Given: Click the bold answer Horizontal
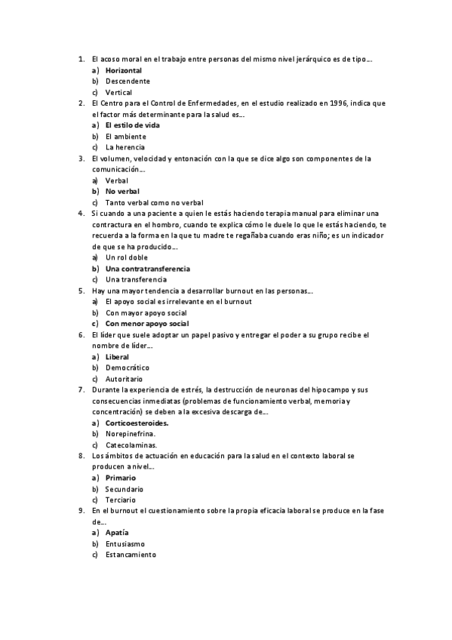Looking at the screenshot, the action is pos(124,70).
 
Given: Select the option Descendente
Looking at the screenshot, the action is pos(128,81).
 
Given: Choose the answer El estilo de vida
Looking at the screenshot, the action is pos(132,125).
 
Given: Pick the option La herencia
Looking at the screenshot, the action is pos(125,147).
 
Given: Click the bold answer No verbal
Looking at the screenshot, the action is pos(123,192).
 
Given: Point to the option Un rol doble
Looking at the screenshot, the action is pos(127,257).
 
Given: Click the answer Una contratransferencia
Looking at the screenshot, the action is pos(148,269).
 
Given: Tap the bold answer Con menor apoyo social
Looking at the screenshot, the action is pos(147,324).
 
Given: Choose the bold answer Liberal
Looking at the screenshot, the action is pos(118,357).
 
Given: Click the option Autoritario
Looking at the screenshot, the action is pos(125,379).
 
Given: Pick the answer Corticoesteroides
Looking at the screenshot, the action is pos(137,423).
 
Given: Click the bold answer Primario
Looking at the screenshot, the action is pos(121,478).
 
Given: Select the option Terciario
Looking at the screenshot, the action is pos(121,500).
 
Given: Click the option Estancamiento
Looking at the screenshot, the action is pos(131,555).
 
